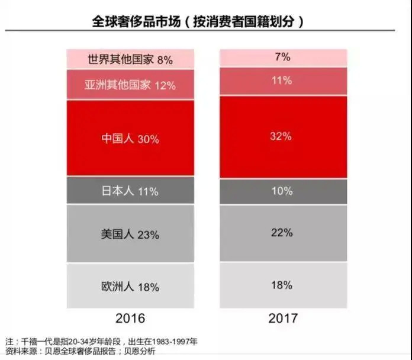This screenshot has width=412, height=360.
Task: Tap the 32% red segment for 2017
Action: pyautogui.click(x=282, y=137)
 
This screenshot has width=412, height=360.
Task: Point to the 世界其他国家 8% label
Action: pyautogui.click(x=130, y=59)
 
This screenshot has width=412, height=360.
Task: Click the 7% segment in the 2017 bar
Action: pyautogui.click(x=282, y=58)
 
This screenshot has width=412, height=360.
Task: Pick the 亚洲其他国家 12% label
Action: pyautogui.click(x=130, y=85)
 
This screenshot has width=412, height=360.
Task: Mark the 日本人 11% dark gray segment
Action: pyautogui.click(x=130, y=191)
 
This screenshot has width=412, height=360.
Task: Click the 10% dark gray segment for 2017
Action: pyautogui.click(x=282, y=191)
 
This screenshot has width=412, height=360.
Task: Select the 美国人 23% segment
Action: pyautogui.click(x=130, y=234)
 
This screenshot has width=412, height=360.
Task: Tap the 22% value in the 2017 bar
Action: pyautogui.click(x=282, y=233)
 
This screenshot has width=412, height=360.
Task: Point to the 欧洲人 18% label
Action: pyautogui.click(x=130, y=287)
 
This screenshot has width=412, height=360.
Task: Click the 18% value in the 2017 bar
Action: pyautogui.click(x=282, y=285)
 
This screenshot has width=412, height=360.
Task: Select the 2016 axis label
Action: pyautogui.click(x=130, y=318)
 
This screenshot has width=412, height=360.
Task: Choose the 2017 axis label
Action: pyautogui.click(x=282, y=318)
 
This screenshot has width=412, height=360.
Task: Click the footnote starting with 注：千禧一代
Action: pyautogui.click(x=101, y=342)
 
